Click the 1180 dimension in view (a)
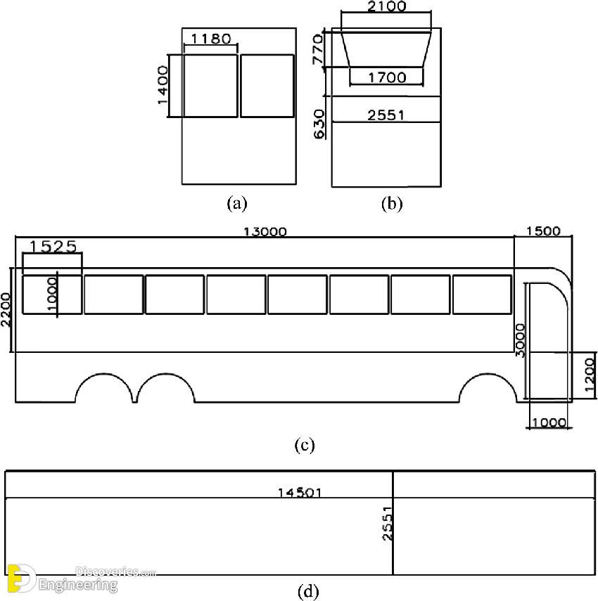210,39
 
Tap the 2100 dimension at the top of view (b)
386,7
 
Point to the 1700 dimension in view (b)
386,77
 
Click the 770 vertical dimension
317,50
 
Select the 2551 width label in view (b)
386,115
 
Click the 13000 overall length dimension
265,232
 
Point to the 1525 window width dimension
53,246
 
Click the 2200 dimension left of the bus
6,310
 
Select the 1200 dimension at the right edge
590,375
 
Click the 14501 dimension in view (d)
300,493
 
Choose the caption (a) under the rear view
237,204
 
